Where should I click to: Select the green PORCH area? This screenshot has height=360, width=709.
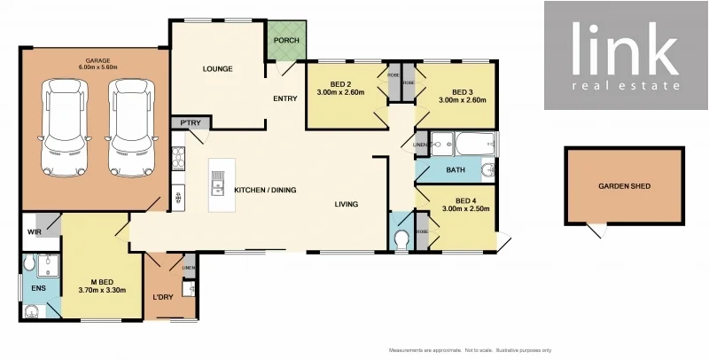tap(285, 41)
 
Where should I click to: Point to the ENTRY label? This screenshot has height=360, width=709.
tap(285, 98)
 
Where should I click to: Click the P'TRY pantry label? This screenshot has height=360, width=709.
tap(188, 123)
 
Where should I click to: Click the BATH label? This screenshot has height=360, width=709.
tap(456, 169)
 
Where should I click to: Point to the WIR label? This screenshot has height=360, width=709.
tap(35, 232)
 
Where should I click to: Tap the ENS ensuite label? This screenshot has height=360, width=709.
tap(38, 287)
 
